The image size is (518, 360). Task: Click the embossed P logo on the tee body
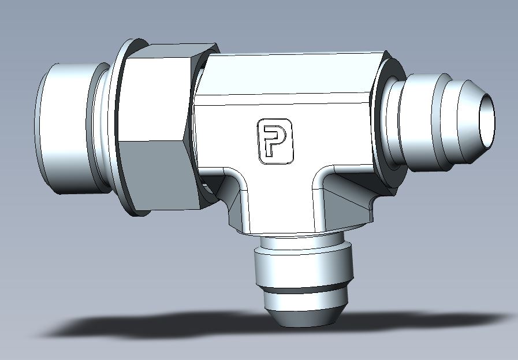click(275, 142)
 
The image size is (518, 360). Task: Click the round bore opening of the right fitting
click(487, 120)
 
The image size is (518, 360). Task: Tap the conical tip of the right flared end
click(469, 122)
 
